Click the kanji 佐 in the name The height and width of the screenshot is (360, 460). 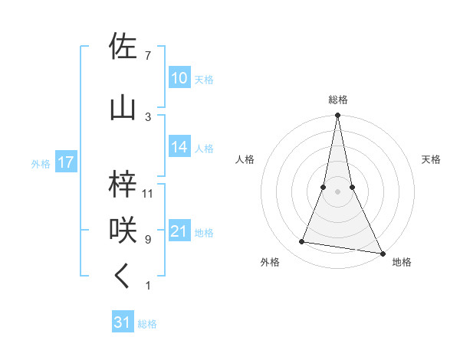(123, 47)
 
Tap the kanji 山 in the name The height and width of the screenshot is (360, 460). (123, 107)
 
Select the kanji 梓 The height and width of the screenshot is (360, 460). (123, 183)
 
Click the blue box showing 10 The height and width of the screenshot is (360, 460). (179, 78)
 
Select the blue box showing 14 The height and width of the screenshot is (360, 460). (179, 148)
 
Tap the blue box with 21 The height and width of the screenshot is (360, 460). (179, 231)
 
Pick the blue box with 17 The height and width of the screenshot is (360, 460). (65, 162)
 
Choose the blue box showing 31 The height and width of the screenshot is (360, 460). (123, 322)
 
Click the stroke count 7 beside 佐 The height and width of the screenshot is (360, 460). (147, 57)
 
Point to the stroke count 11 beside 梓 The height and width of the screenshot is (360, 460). (148, 194)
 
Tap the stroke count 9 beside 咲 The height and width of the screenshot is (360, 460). (147, 240)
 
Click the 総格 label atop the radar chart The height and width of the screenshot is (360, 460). (337, 100)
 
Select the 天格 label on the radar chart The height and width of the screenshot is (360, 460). (431, 159)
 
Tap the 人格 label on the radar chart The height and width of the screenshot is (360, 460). (245, 159)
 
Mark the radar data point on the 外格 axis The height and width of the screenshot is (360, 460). (301, 242)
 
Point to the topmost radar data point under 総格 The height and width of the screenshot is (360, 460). (337, 116)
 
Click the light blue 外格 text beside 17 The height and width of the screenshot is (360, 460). (40, 163)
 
